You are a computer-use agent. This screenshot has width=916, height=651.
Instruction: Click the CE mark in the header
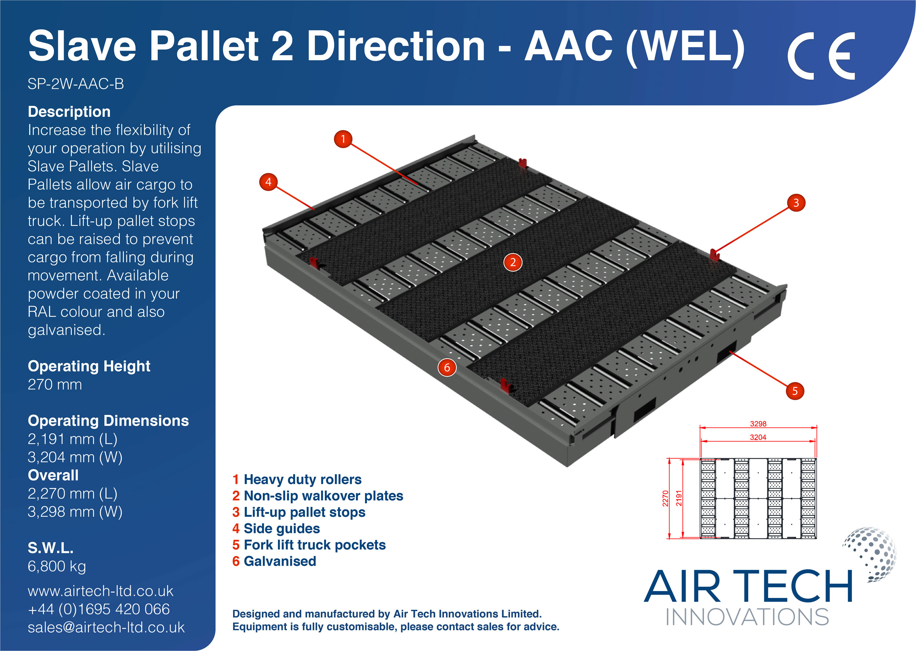pyautogui.click(x=821, y=56)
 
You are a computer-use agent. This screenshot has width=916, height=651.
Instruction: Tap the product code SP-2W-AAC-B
pyautogui.click(x=75, y=84)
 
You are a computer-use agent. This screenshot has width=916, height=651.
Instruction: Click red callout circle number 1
pyautogui.click(x=343, y=139)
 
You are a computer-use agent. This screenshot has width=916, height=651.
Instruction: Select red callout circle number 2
pyautogui.click(x=512, y=263)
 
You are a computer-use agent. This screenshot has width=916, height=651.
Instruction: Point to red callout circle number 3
pyautogui.click(x=796, y=203)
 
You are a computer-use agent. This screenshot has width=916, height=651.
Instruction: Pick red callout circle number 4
pyautogui.click(x=268, y=182)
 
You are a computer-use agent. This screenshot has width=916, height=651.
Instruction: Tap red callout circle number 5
pyautogui.click(x=794, y=391)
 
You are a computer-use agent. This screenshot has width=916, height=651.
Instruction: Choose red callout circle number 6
pyautogui.click(x=447, y=368)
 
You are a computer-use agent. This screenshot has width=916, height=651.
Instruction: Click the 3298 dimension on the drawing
pyautogui.click(x=758, y=424)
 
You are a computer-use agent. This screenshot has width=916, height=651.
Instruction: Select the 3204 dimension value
pyautogui.click(x=758, y=438)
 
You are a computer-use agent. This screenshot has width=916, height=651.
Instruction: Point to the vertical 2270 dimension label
pyautogui.click(x=665, y=498)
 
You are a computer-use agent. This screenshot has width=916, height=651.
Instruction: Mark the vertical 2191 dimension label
pyautogui.click(x=679, y=498)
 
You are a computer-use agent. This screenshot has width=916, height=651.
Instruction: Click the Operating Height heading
pyautogui.click(x=89, y=366)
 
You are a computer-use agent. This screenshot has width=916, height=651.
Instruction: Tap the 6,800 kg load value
pyautogui.click(x=57, y=566)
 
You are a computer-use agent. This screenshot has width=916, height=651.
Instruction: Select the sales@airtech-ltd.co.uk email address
pyautogui.click(x=106, y=627)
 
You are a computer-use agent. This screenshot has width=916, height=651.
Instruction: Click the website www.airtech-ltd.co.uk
pyautogui.click(x=100, y=591)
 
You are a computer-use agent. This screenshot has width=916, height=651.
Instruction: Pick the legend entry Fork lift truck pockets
pyautogui.click(x=314, y=545)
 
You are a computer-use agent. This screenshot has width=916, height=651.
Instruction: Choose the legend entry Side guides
pyautogui.click(x=282, y=528)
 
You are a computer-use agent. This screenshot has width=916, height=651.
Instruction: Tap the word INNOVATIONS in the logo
pyautogui.click(x=747, y=617)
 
